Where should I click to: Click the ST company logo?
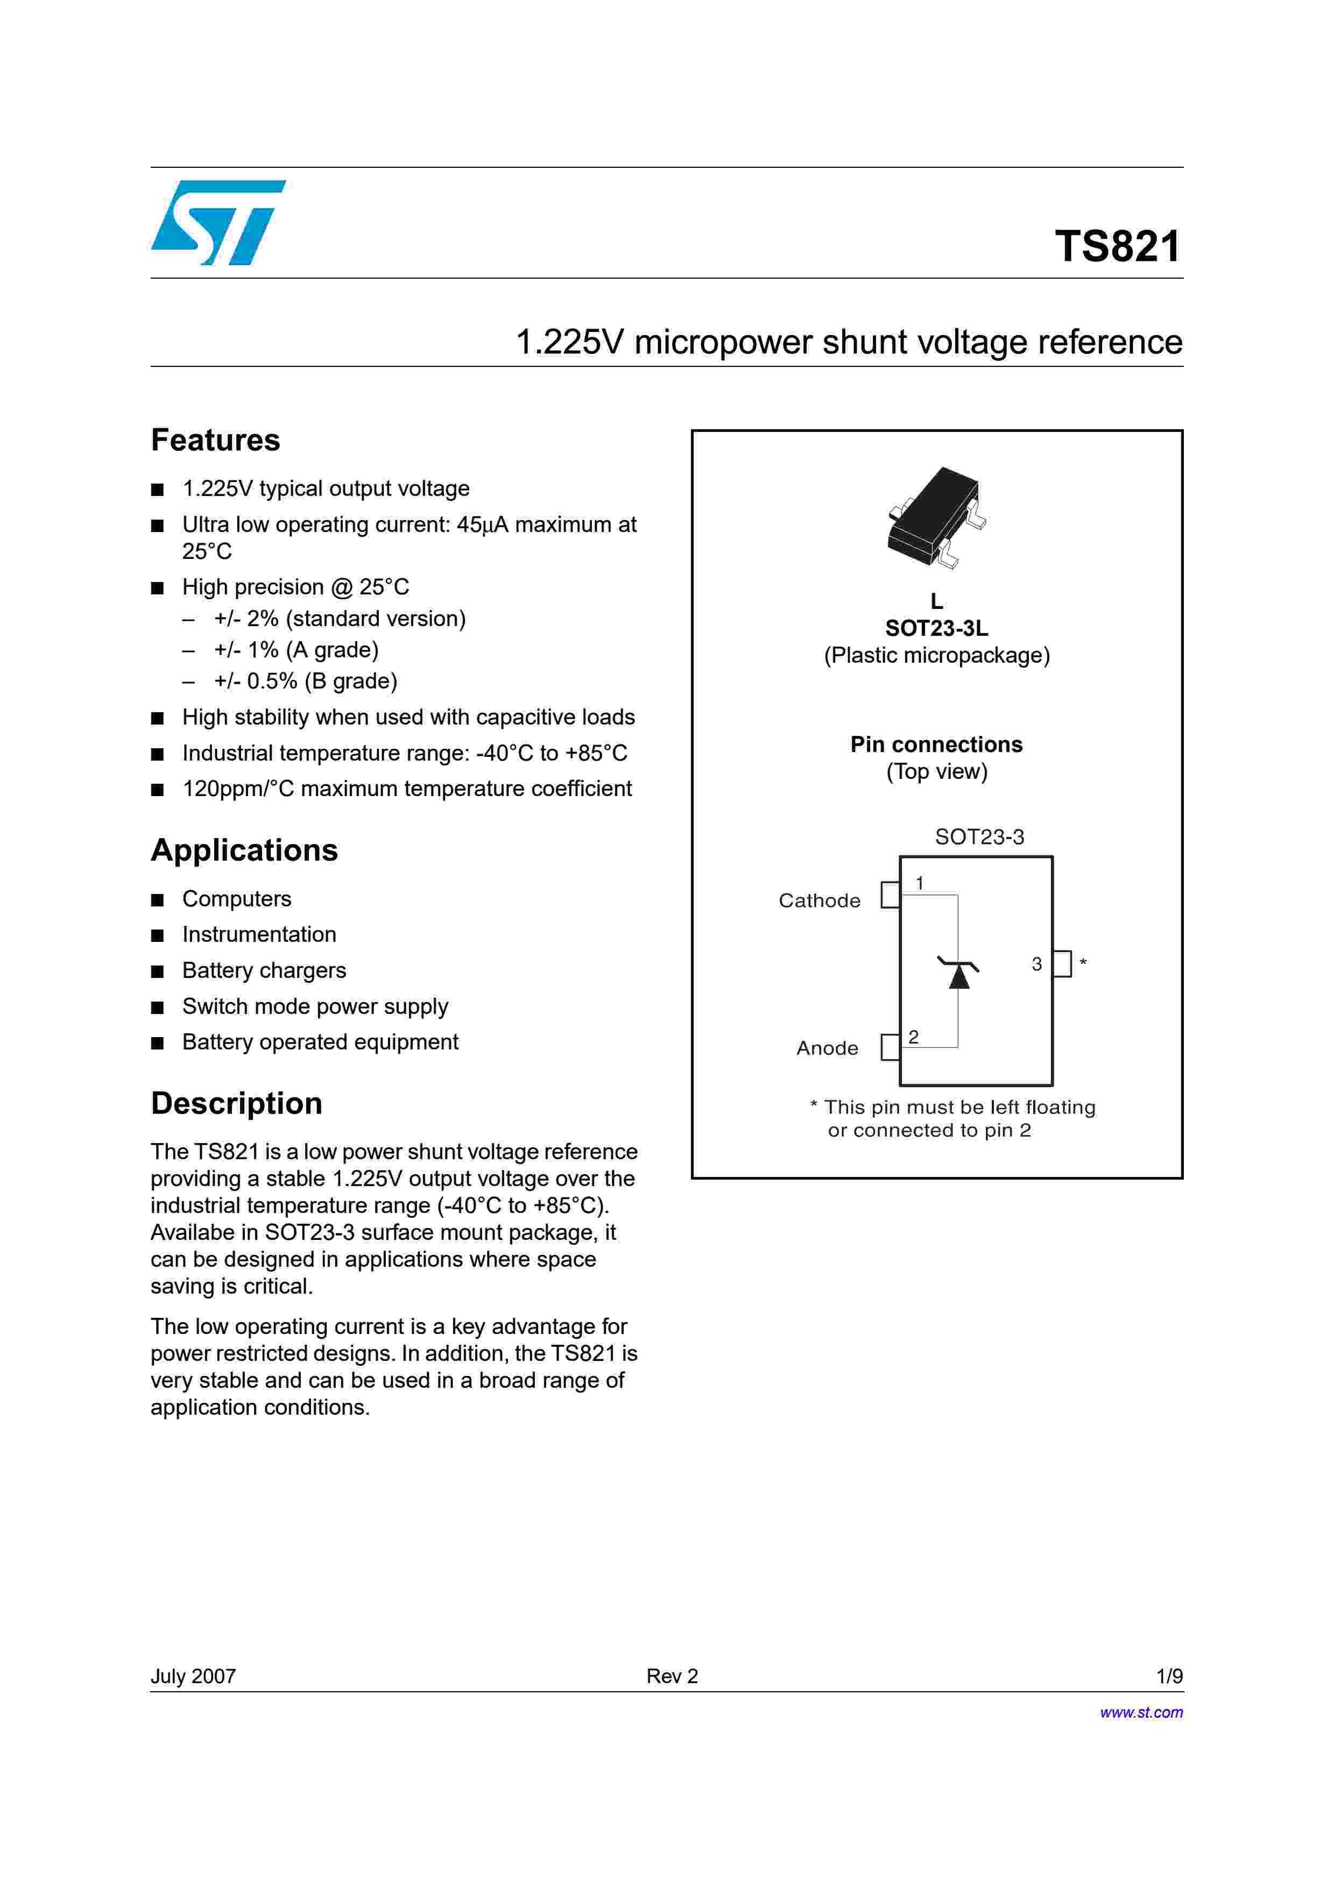pyautogui.click(x=218, y=222)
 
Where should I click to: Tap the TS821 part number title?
pyautogui.click(x=1118, y=246)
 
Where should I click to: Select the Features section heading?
pyautogui.click(x=215, y=441)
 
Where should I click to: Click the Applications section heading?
pyautogui.click(x=244, y=850)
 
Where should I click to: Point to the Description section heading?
pyautogui.click(x=237, y=1103)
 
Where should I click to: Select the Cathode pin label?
pyautogui.click(x=820, y=901)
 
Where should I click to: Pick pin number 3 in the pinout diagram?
pyautogui.click(x=1036, y=964)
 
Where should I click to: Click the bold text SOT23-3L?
pyautogui.click(x=936, y=629)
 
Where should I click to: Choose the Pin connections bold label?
pyautogui.click(x=936, y=744)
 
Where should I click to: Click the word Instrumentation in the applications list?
pyautogui.click(x=259, y=934)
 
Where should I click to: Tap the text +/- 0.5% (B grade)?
pyautogui.click(x=306, y=682)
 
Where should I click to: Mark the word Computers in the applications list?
pyautogui.click(x=237, y=899)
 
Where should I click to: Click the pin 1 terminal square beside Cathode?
pyautogui.click(x=890, y=895)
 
